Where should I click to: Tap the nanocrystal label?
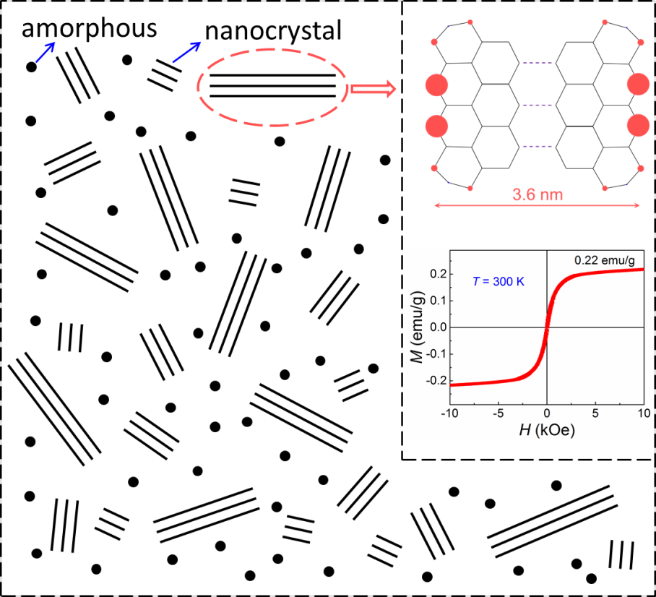[273, 32]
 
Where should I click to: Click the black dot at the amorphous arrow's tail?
[31, 67]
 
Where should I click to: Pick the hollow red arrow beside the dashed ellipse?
[373, 89]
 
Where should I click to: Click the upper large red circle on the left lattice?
[437, 85]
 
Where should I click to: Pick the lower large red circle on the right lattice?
[639, 126]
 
